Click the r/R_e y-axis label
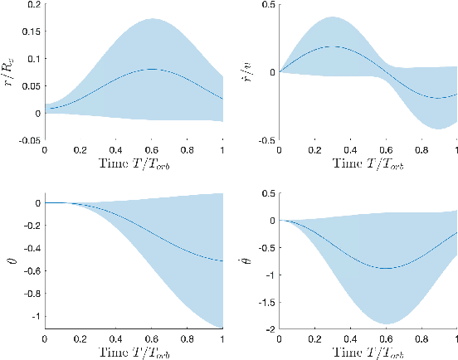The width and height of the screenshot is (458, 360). pyautogui.click(x=11, y=72)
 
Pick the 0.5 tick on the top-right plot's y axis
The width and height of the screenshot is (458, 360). pyautogui.click(x=267, y=5)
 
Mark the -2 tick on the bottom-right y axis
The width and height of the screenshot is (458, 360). pyautogui.click(x=270, y=328)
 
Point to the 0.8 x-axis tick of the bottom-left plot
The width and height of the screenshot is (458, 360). pyautogui.click(x=187, y=339)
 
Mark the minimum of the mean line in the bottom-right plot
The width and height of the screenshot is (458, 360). pyautogui.click(x=387, y=268)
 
